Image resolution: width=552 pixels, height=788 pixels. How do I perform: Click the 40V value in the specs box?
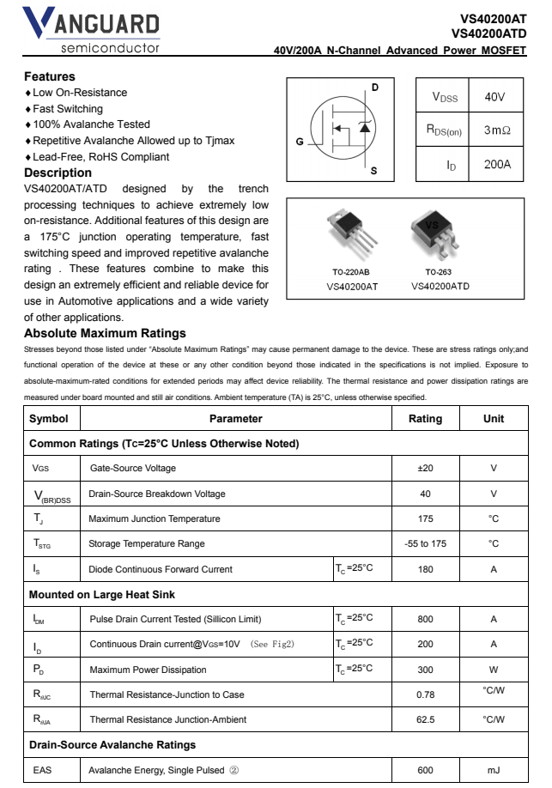pyautogui.click(x=494, y=97)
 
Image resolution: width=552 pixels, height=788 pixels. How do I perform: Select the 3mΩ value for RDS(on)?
pyautogui.click(x=497, y=130)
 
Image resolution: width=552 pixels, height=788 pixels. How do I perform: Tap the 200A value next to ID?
pyautogui.click(x=497, y=163)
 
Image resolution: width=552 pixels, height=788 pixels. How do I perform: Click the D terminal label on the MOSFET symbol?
pyautogui.click(x=374, y=88)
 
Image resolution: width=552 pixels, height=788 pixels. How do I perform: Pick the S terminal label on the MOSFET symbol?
pyautogui.click(x=373, y=171)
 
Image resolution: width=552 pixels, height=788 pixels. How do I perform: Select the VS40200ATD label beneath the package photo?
pyautogui.click(x=440, y=286)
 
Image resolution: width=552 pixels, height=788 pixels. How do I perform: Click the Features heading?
pyautogui.click(x=50, y=76)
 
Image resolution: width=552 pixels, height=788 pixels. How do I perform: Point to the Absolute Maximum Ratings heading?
pyautogui.click(x=105, y=333)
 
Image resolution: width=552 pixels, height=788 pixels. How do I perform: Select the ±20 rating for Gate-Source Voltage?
pyautogui.click(x=424, y=468)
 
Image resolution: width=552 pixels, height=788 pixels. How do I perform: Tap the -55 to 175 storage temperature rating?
pyautogui.click(x=424, y=543)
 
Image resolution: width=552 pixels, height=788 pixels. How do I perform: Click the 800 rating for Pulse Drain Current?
pyautogui.click(x=424, y=618)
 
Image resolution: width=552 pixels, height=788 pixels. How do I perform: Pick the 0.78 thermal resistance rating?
pyautogui.click(x=424, y=693)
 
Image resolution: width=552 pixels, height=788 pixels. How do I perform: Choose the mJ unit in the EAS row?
pyautogui.click(x=494, y=771)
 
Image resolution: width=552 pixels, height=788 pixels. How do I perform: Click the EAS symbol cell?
pyautogui.click(x=43, y=771)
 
